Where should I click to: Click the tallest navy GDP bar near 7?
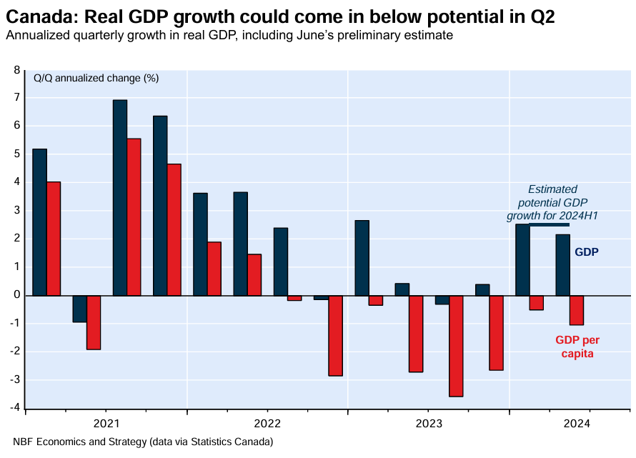[x=120, y=197]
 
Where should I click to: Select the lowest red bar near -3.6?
[x=456, y=346]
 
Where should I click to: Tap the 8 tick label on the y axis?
[x=18, y=70]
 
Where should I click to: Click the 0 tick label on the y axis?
[x=18, y=295]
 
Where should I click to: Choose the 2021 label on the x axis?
[x=106, y=422]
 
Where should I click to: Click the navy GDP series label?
[x=587, y=252]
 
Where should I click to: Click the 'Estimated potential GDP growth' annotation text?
[x=552, y=202]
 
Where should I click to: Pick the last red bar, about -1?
[x=577, y=310]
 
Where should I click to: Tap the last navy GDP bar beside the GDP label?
[x=562, y=264]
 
